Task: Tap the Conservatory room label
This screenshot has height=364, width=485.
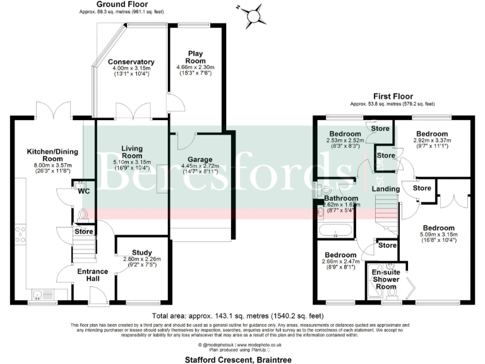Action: pyautogui.click(x=131, y=61)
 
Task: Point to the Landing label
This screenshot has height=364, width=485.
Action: pyautogui.click(x=385, y=189)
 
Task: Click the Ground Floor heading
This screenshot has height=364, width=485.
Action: pyautogui.click(x=118, y=4)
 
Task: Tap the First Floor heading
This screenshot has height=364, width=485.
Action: pyautogui.click(x=392, y=97)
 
